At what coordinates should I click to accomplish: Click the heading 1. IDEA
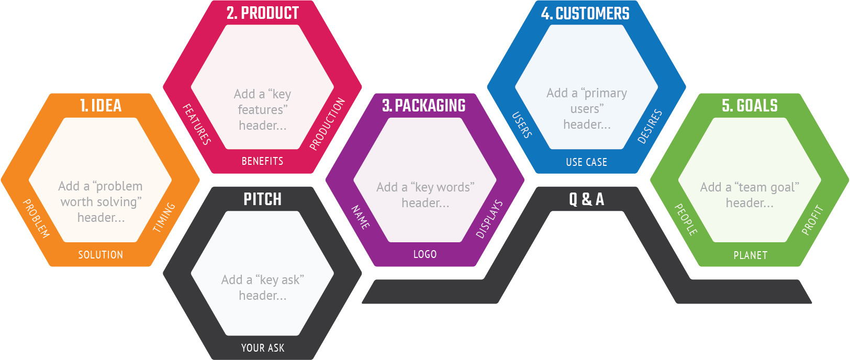pyautogui.click(x=100, y=106)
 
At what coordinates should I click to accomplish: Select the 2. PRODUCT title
pyautogui.click(x=263, y=13)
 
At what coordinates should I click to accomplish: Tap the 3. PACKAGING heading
pyautogui.click(x=424, y=106)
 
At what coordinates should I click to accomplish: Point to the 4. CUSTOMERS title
pyautogui.click(x=585, y=13)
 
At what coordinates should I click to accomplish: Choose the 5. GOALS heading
pyautogui.click(x=750, y=106)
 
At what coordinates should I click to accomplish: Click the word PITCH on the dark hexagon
pyautogui.click(x=263, y=199)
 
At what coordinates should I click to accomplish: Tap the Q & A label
pyautogui.click(x=586, y=199)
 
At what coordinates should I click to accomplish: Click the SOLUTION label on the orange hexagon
pyautogui.click(x=100, y=254)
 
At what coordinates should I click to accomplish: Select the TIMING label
pyautogui.click(x=164, y=217)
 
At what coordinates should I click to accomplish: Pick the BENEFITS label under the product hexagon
pyautogui.click(x=263, y=161)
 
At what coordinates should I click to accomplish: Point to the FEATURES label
pyautogui.click(x=197, y=125)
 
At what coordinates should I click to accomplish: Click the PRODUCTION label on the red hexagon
pyautogui.click(x=328, y=123)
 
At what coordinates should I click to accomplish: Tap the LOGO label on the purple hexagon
pyautogui.click(x=425, y=254)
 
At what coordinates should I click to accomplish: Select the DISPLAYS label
pyautogui.click(x=489, y=219)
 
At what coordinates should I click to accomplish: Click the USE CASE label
pyautogui.click(x=586, y=162)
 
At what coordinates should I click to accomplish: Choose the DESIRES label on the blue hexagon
pyautogui.click(x=650, y=127)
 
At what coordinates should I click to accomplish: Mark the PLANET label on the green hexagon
pyautogui.click(x=750, y=255)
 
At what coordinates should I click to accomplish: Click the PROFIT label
pyautogui.click(x=812, y=220)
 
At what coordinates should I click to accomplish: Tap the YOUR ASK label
pyautogui.click(x=263, y=348)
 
